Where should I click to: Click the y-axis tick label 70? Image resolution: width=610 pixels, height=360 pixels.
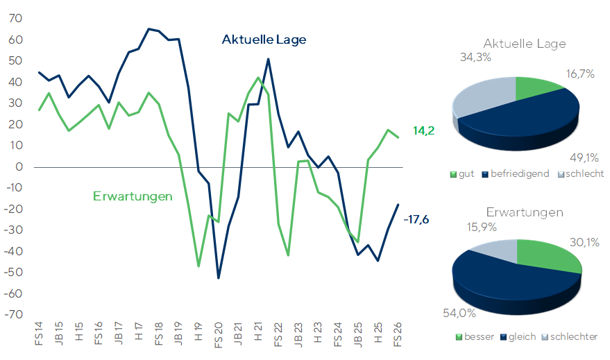[x=15, y=18]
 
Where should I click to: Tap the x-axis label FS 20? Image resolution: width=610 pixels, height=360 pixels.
[x=218, y=335]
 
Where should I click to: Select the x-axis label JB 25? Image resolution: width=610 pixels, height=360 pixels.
[x=357, y=334]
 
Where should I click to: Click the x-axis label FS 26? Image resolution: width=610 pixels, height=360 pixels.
[x=397, y=334]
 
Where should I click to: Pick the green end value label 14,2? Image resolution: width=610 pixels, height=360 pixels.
[x=423, y=130]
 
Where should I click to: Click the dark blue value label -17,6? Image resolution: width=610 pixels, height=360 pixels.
[x=416, y=220]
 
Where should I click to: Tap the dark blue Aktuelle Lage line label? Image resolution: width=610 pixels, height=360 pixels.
[x=264, y=40]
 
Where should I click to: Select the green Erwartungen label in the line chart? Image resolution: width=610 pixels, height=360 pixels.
[x=133, y=196]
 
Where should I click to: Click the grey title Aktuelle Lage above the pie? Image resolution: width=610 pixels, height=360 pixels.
[x=525, y=44]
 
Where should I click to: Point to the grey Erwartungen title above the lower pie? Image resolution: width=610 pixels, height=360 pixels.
[x=525, y=212]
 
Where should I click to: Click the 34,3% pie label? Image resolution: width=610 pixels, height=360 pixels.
[x=475, y=58]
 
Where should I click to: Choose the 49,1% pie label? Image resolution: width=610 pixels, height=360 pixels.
[x=584, y=158]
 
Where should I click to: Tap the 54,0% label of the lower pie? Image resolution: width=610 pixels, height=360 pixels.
[x=459, y=313]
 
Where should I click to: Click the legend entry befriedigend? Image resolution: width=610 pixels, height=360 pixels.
[x=516, y=174]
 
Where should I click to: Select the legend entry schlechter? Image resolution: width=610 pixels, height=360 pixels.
[x=570, y=336]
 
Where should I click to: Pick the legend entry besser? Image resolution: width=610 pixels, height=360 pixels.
[x=475, y=336]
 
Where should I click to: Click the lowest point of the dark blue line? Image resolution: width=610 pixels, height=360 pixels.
[x=218, y=278]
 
